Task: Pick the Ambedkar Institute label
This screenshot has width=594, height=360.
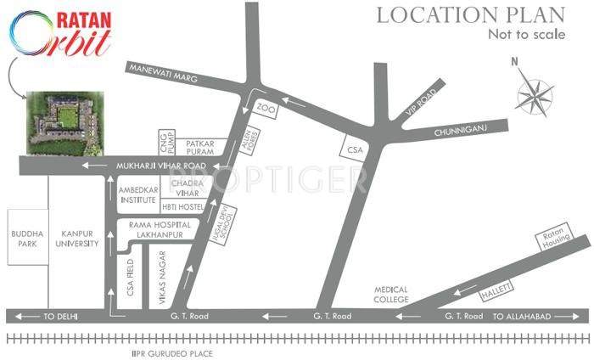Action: click(x=138, y=194)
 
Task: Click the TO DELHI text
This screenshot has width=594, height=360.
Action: click(x=59, y=316)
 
